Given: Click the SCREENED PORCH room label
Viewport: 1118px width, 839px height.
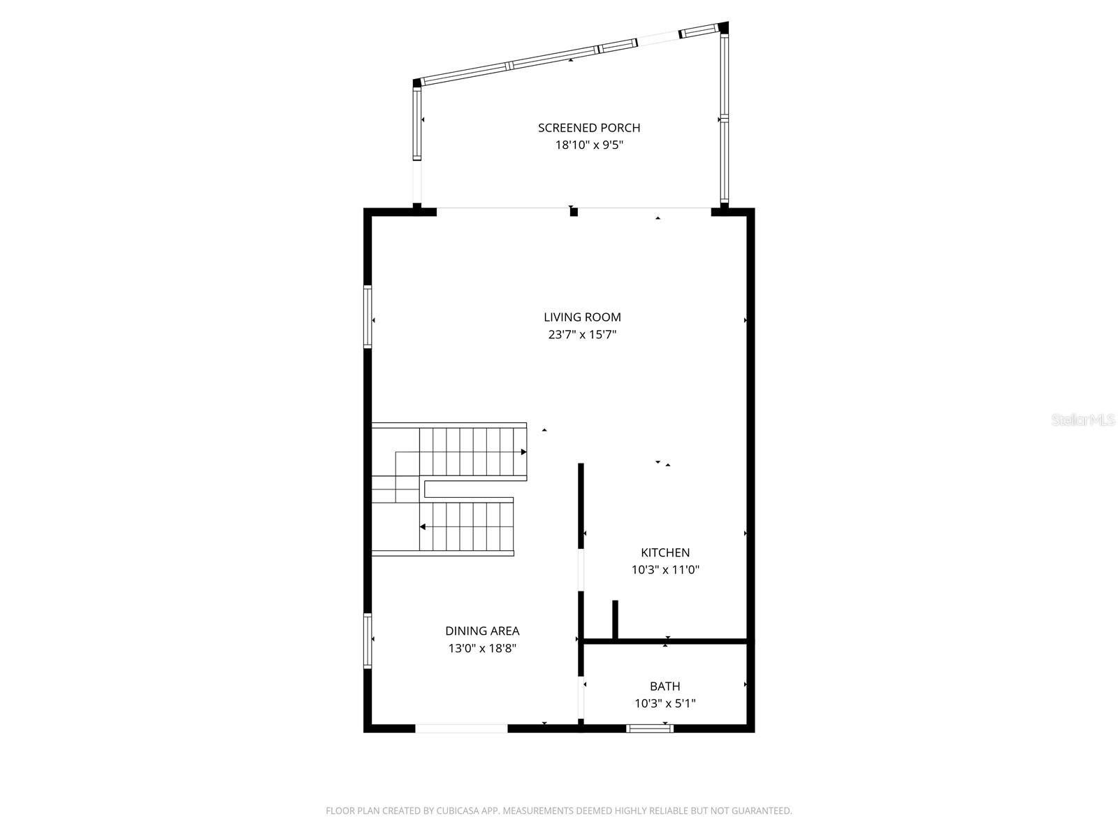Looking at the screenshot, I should [588, 128].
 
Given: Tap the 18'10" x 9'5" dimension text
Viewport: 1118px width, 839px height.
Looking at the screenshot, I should [588, 145].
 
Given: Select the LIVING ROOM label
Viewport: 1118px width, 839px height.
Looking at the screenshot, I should [582, 317].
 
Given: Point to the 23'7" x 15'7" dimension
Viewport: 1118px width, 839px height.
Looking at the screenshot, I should [582, 335].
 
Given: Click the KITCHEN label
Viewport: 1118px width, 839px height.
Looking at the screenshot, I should [665, 553].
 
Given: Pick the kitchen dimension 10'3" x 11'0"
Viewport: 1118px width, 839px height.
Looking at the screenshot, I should [665, 570].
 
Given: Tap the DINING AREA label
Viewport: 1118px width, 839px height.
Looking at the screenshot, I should [482, 631].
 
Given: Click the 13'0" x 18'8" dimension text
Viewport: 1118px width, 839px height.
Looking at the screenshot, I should [482, 649].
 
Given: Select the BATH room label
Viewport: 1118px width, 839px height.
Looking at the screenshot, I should [665, 687].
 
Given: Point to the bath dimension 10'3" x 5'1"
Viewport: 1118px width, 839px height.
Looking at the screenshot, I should [665, 703].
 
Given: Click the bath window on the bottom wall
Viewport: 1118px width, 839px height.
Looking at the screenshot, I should [650, 729].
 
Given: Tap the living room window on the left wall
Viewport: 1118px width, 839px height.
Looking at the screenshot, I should [368, 317].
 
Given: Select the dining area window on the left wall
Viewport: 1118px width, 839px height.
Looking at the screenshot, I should [368, 640].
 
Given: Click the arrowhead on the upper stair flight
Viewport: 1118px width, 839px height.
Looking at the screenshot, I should [523, 452].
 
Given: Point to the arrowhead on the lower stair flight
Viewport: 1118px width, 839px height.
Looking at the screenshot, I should [423, 526].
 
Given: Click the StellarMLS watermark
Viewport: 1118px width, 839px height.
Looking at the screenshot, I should [1083, 420].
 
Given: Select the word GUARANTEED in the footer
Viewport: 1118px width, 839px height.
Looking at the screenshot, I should [759, 811].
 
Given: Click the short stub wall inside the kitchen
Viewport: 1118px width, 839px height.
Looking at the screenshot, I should [615, 619].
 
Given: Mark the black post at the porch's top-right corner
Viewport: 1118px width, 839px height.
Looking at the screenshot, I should [723, 28].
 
